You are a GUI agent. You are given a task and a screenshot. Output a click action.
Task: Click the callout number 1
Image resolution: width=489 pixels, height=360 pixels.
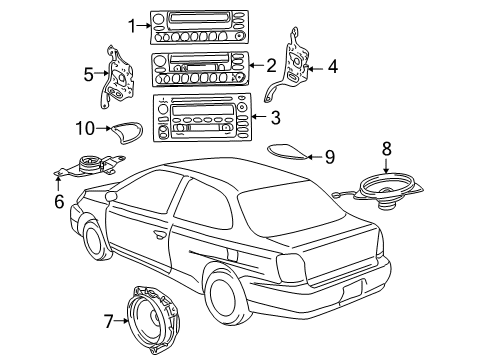(x=131, y=25)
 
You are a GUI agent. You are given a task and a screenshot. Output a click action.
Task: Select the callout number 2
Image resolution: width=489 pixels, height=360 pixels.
(x=272, y=66)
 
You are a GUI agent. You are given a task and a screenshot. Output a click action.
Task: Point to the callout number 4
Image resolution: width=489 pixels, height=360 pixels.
(x=333, y=68)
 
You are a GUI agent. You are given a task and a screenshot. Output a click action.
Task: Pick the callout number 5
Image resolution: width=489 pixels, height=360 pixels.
(x=88, y=73)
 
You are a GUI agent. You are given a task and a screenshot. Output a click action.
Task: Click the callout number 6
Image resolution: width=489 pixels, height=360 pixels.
(x=58, y=201)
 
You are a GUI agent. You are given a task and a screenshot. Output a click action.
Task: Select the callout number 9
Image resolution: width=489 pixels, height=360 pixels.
(x=329, y=156)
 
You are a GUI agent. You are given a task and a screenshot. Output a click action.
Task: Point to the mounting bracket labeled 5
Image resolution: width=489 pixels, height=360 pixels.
(x=119, y=78)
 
